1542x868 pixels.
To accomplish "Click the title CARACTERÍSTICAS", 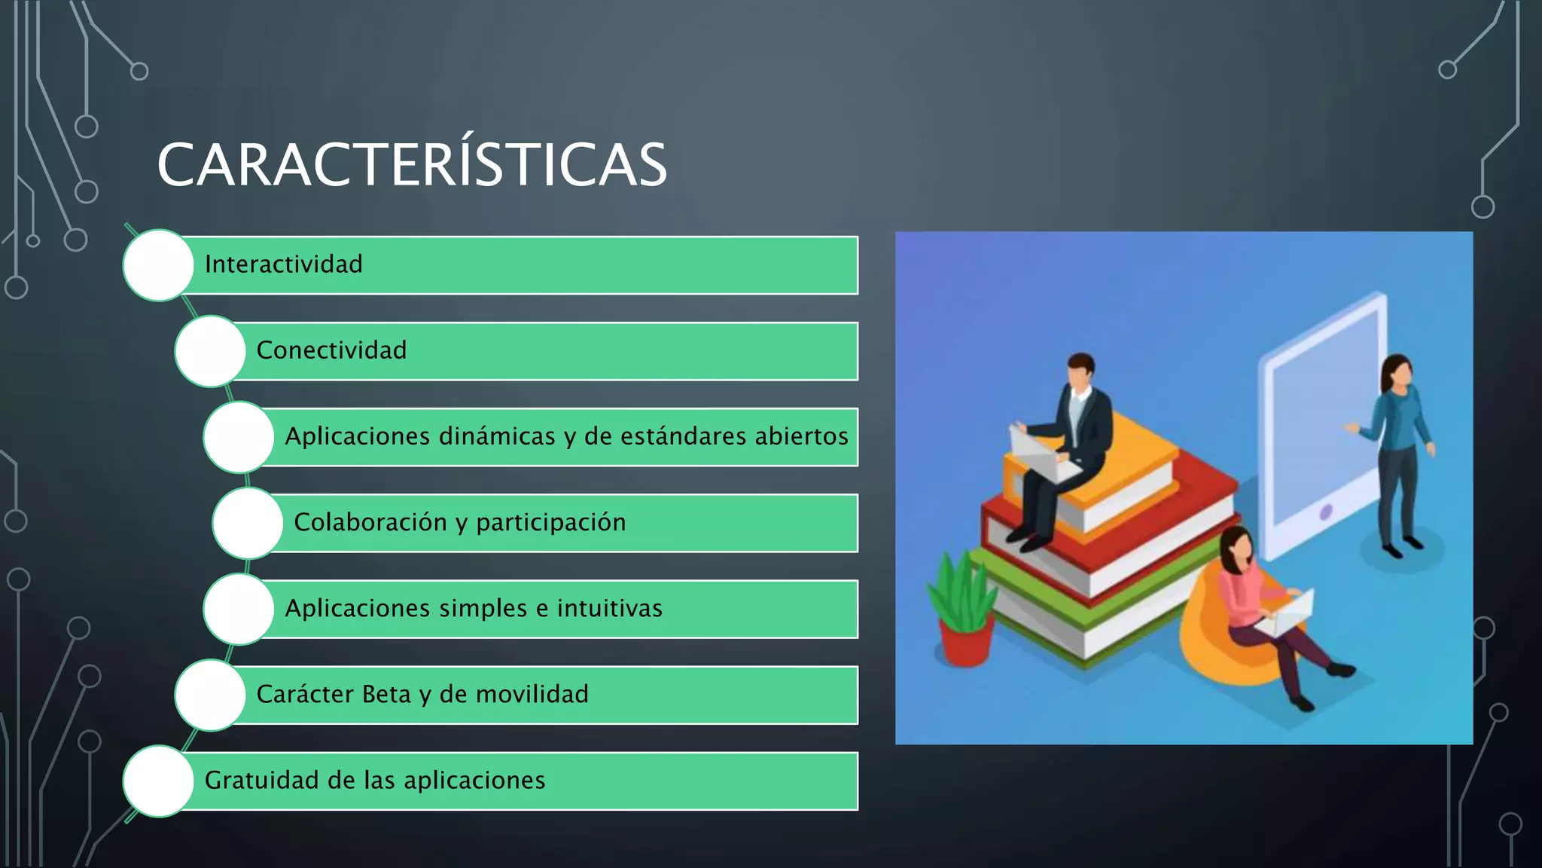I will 412,165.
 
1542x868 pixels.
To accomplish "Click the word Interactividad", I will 283,264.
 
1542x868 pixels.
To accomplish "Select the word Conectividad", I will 331,350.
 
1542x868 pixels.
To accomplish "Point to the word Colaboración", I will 370,522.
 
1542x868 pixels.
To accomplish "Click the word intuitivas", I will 609,608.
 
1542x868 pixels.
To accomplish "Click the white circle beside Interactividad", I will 159,265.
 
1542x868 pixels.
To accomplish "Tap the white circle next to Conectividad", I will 210,351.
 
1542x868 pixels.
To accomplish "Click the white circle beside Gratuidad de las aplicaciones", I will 159,781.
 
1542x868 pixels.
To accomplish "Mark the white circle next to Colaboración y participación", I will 248,523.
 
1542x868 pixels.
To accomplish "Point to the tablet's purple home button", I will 1326,512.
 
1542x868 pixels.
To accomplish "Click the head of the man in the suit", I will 1081,371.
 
